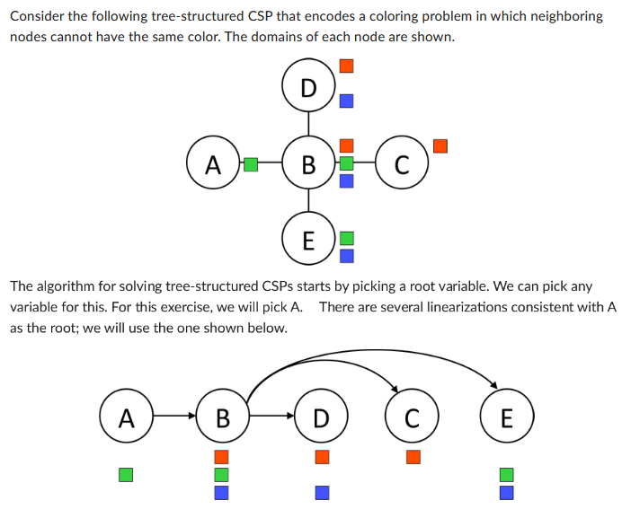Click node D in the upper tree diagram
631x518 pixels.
pyautogui.click(x=308, y=87)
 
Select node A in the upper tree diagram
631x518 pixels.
pyautogui.click(x=212, y=164)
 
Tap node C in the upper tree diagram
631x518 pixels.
pyautogui.click(x=402, y=164)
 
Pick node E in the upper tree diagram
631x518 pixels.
pyautogui.click(x=308, y=240)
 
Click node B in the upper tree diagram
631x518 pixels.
pyautogui.click(x=308, y=164)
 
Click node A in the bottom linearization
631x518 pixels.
pyautogui.click(x=126, y=417)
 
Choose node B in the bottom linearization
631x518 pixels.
pyautogui.click(x=222, y=417)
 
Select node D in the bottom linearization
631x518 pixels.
pyautogui.click(x=321, y=417)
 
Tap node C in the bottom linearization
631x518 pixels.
pyautogui.click(x=412, y=417)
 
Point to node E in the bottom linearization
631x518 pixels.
pyautogui.click(x=506, y=417)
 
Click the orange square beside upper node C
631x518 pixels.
pyautogui.click(x=440, y=145)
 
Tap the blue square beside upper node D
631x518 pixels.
pyautogui.click(x=346, y=101)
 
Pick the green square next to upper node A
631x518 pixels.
pyautogui.click(x=251, y=164)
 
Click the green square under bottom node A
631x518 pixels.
pyautogui.click(x=126, y=473)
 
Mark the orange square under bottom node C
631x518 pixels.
pyautogui.click(x=413, y=456)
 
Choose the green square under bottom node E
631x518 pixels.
pyautogui.click(x=506, y=473)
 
